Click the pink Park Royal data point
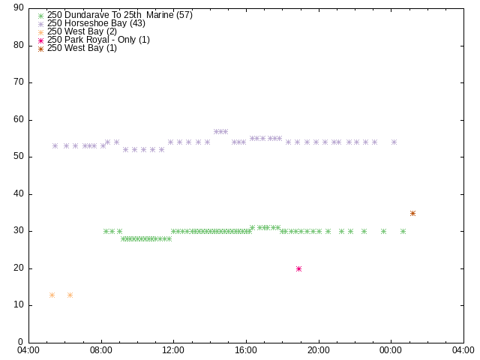pyautogui.click(x=298, y=268)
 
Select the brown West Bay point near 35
pyautogui.click(x=412, y=213)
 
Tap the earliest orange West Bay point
pyautogui.click(x=52, y=295)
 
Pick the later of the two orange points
pyautogui.click(x=70, y=295)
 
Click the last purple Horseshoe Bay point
pyautogui.click(x=394, y=142)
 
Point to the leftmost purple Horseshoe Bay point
pyautogui.click(x=55, y=145)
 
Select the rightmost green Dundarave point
pyautogui.click(x=403, y=232)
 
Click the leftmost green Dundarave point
pyautogui.click(x=106, y=232)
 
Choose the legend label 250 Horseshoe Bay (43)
pyautogui.click(x=96, y=23)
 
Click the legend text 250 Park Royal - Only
pyautogui.click(x=93, y=40)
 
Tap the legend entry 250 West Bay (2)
pyautogui.click(x=82, y=31)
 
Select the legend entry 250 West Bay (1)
pyautogui.click(x=82, y=48)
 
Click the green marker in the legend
pyautogui.click(x=40, y=16)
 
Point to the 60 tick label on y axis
pyautogui.click(x=19, y=119)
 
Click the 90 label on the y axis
pyautogui.click(x=19, y=7)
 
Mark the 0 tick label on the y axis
pyautogui.click(x=21, y=342)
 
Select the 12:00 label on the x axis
pyautogui.click(x=173, y=350)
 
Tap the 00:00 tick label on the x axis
pyautogui.click(x=391, y=350)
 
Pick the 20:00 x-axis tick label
pyautogui.click(x=319, y=350)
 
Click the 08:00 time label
pyautogui.click(x=101, y=350)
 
